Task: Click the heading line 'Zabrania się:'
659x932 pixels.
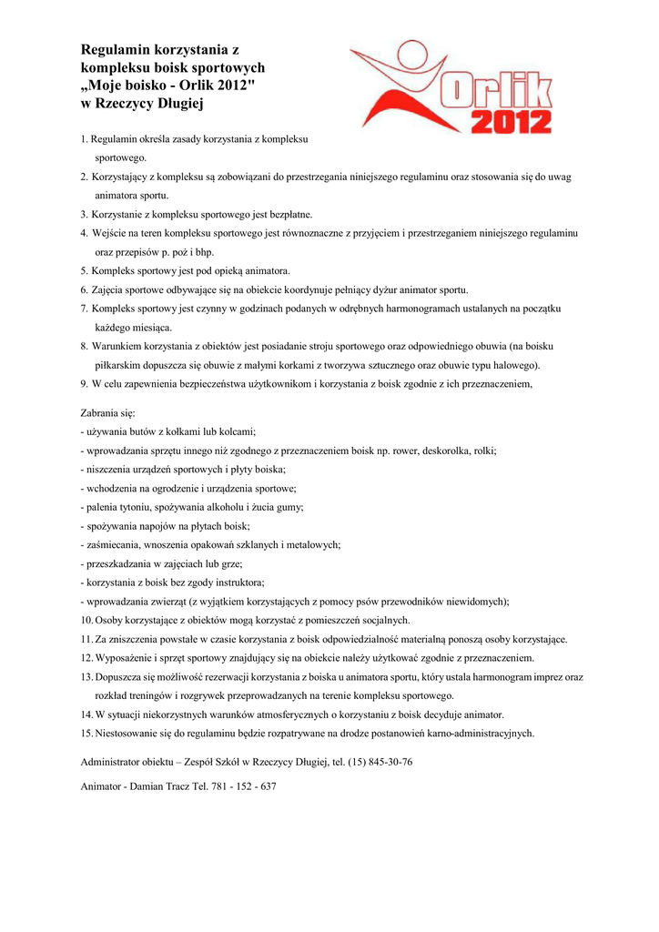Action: point(107,412)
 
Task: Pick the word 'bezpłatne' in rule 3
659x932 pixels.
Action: point(284,214)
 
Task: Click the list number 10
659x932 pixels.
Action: point(86,620)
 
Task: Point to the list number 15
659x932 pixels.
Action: point(86,733)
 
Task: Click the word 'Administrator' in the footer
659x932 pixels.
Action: point(110,762)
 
